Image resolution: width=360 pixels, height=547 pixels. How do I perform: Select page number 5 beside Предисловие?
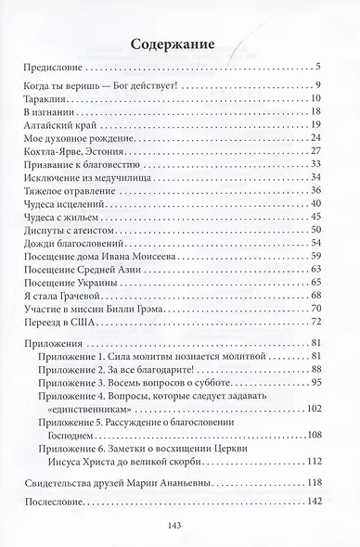pos(317,65)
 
